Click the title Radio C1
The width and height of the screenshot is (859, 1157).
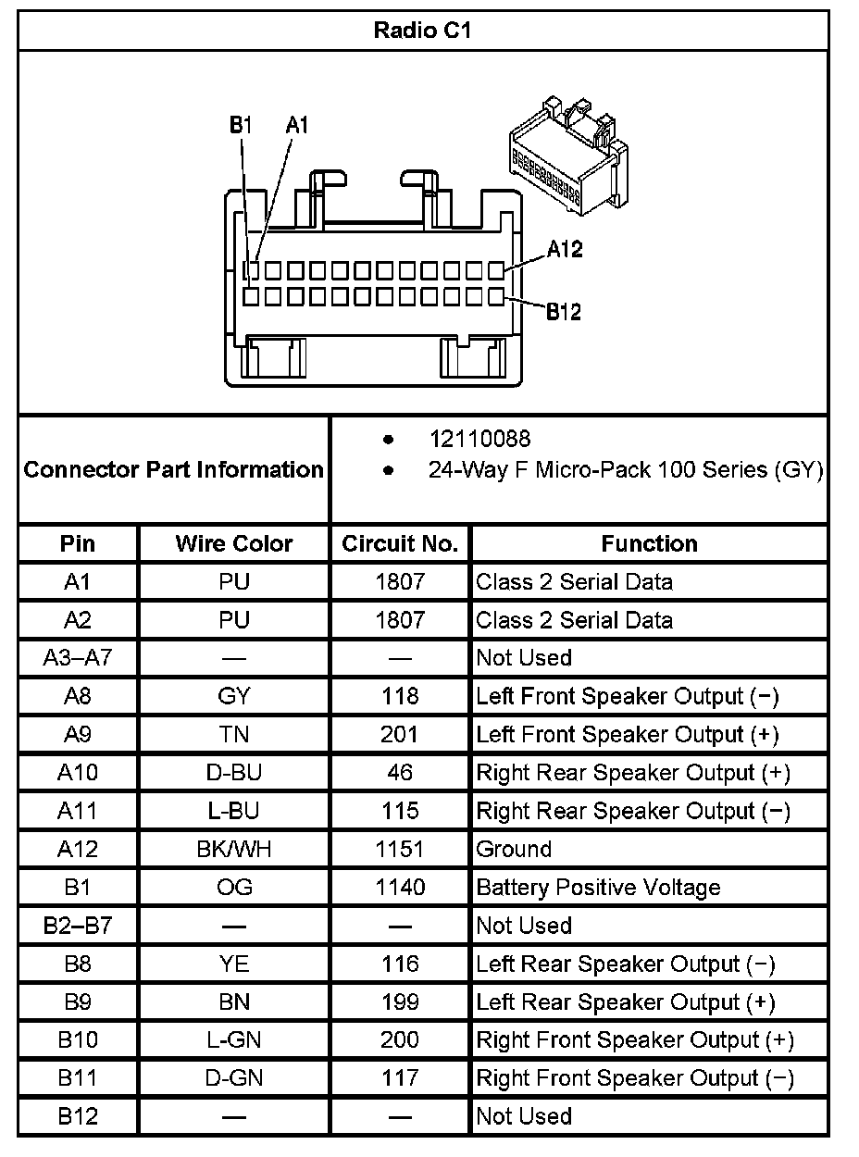423,31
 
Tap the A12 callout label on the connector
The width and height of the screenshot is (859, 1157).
565,249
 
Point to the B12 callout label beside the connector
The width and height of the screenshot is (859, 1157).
563,312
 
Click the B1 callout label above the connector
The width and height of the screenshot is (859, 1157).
241,125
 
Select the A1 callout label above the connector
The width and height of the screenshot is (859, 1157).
296,125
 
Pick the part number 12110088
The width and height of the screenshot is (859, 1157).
479,438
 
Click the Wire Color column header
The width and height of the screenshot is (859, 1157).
234,543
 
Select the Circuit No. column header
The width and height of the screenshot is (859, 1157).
400,543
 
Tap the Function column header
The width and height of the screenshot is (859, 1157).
649,543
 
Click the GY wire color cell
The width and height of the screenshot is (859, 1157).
234,696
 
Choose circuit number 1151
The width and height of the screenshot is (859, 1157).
400,849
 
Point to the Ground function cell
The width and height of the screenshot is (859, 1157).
514,849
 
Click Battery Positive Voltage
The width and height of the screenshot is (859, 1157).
598,888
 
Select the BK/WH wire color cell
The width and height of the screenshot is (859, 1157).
234,849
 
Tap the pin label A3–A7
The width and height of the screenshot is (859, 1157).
78,658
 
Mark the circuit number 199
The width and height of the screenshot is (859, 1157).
400,1002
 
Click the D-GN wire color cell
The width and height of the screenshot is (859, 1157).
234,1078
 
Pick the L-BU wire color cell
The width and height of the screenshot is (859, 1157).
234,811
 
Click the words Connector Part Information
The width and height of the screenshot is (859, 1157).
173,469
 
